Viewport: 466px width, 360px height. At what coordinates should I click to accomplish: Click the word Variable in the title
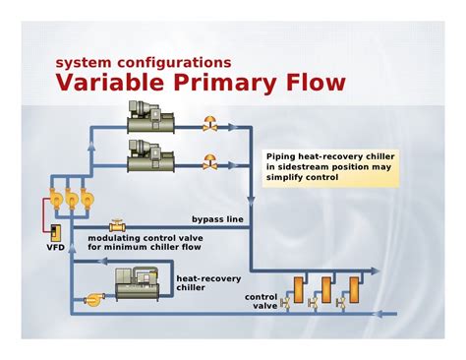click(110, 82)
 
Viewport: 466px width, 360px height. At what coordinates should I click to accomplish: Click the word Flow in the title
click(316, 82)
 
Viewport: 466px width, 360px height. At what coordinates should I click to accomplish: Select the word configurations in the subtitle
click(174, 63)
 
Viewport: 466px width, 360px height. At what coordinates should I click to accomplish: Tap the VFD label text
click(56, 247)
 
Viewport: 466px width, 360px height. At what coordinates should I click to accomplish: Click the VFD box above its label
click(55, 233)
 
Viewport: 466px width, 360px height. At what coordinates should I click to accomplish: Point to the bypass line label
click(217, 219)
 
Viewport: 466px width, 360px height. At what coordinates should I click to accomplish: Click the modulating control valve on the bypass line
click(117, 225)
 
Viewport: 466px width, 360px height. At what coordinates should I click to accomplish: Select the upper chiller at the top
click(150, 117)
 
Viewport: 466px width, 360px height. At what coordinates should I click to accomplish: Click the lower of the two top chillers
click(150, 155)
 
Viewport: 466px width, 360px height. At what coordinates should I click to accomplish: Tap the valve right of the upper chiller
click(209, 124)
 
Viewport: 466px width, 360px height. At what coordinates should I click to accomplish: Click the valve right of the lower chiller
click(209, 162)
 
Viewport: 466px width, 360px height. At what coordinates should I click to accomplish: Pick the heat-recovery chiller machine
click(138, 284)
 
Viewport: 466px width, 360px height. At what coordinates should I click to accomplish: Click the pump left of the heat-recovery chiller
click(94, 299)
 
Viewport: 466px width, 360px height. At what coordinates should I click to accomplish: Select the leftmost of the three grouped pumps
click(56, 199)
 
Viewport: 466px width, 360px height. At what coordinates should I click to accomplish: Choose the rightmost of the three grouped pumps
click(87, 199)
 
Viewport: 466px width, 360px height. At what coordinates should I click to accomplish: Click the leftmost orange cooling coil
click(299, 290)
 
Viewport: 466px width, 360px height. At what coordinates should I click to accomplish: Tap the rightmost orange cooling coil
click(354, 290)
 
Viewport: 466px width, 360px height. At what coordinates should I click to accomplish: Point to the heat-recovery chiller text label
click(208, 283)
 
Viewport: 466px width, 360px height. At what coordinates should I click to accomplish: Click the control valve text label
click(262, 301)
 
